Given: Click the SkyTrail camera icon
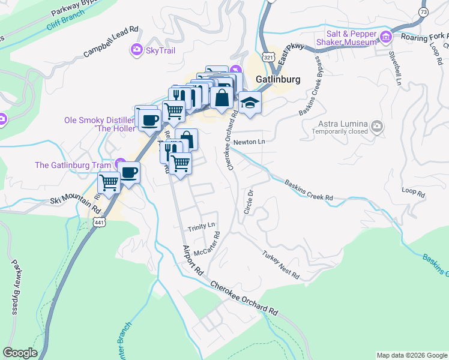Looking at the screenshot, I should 137,50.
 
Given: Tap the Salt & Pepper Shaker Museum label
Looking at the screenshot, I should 351,38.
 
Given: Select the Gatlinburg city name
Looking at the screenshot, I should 277,79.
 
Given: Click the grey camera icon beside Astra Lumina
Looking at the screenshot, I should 377,126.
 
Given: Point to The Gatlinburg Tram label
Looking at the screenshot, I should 73,165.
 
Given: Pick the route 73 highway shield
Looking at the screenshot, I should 423,12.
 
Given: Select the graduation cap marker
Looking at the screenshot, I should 249,103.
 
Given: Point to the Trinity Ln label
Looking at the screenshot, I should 201,226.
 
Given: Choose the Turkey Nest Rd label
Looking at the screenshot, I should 280,265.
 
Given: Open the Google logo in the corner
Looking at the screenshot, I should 20,353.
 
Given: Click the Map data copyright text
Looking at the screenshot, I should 412,355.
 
